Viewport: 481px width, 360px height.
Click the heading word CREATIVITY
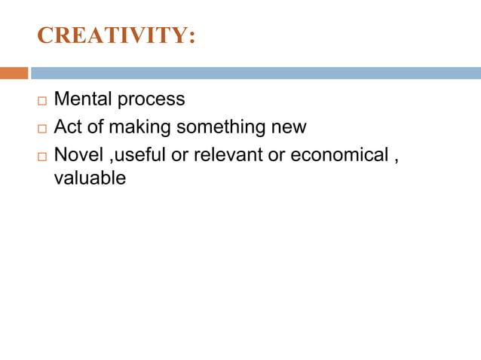point(112,35)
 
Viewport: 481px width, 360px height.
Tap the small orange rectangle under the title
point(14,73)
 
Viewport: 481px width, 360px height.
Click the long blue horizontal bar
point(256,73)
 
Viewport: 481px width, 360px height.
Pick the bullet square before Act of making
point(41,128)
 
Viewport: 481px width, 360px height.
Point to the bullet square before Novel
point(41,156)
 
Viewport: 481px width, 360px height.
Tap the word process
point(152,100)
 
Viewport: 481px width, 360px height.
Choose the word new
point(289,127)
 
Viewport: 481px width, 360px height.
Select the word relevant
point(228,154)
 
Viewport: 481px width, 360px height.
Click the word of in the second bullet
point(96,127)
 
